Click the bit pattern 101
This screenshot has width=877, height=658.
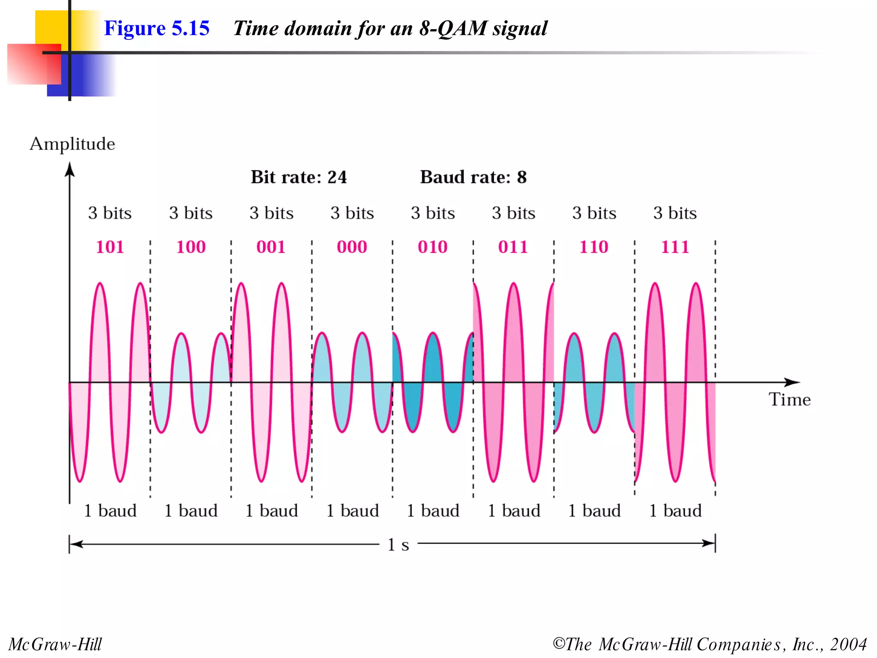coord(110,247)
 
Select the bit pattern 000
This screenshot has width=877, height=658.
coord(352,247)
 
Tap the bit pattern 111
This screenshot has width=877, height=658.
coord(675,247)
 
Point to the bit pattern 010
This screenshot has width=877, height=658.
coord(433,247)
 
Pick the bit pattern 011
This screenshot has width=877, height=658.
coord(513,247)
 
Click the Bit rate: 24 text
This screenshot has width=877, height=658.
coord(298,177)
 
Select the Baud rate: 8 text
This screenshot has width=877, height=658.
coord(473,177)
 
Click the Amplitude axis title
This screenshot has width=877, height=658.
coord(72,144)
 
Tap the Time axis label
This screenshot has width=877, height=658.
coord(789,399)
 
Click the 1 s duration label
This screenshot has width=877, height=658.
coord(398,545)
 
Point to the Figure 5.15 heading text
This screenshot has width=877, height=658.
coord(157,28)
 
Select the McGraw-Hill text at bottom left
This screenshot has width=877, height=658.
coord(55,644)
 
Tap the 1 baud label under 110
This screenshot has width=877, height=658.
coord(594,511)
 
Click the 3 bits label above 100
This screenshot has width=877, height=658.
coord(191,213)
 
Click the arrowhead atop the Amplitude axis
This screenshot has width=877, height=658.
coord(70,169)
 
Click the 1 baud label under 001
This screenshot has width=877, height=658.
coord(271,511)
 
